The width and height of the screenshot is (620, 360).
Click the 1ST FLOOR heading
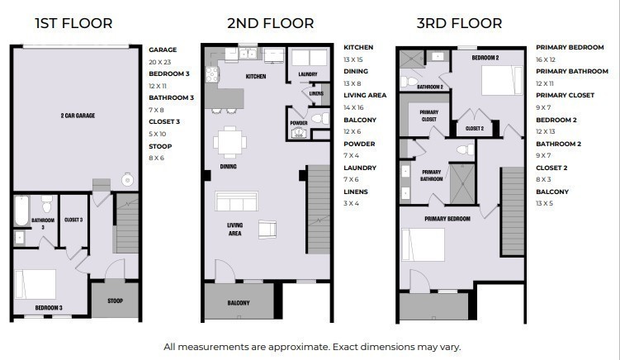click(73, 23)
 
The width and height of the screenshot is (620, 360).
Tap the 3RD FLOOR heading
click(459, 23)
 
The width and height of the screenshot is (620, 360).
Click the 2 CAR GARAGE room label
click(78, 116)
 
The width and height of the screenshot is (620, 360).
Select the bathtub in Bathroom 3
click(21, 211)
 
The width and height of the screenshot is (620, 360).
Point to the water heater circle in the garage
click(127, 180)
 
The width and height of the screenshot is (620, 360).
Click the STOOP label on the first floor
click(115, 301)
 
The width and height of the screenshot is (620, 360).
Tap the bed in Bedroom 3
click(35, 284)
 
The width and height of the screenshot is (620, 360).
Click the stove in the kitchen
click(212, 74)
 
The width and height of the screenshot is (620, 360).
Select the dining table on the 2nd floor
click(230, 142)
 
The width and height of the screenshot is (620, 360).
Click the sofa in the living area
click(236, 201)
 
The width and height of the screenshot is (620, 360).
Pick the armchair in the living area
click(267, 230)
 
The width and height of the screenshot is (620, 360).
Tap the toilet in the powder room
click(320, 118)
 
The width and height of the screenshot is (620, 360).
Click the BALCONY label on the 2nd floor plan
click(239, 303)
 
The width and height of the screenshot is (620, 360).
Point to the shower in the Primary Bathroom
click(462, 183)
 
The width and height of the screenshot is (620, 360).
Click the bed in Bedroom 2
click(502, 80)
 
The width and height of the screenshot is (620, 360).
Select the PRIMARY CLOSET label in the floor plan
click(429, 116)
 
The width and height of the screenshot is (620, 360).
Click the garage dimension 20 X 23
click(159, 62)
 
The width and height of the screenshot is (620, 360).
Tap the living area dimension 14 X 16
click(353, 107)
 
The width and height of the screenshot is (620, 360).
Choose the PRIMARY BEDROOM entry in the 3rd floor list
click(570, 47)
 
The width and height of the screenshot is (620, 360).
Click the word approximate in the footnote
click(299, 348)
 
